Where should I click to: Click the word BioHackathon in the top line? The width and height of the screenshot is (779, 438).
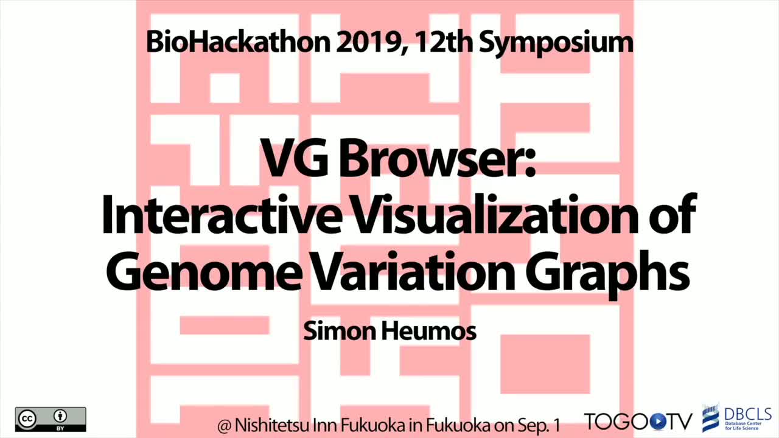tap(238, 42)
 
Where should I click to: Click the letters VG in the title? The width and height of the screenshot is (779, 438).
tap(294, 158)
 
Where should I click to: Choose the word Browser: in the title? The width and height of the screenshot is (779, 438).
tap(438, 158)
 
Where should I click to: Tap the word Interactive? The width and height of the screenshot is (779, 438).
tap(220, 214)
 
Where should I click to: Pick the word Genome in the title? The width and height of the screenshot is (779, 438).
tap(204, 271)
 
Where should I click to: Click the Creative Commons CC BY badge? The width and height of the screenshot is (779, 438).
tap(51, 419)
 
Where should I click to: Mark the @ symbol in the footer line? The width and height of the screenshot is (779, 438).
tap(225, 426)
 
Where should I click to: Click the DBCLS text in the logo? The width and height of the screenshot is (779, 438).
tap(748, 414)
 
